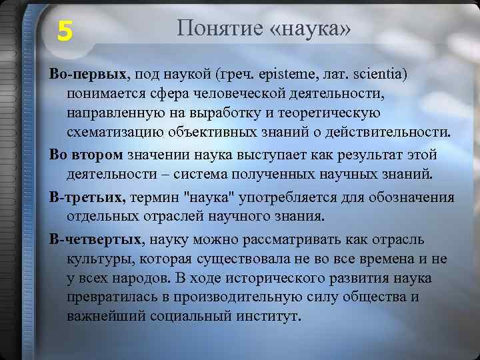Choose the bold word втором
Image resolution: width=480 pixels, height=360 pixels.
96,155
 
